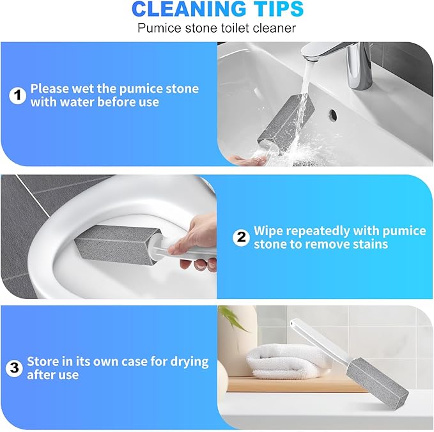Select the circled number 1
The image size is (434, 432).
point(17,96)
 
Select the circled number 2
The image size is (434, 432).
point(241,238)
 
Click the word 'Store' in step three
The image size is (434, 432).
point(43,362)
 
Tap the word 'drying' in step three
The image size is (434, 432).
point(185,362)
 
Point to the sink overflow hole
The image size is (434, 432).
point(332,116)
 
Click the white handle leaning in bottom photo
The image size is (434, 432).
point(320,346)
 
